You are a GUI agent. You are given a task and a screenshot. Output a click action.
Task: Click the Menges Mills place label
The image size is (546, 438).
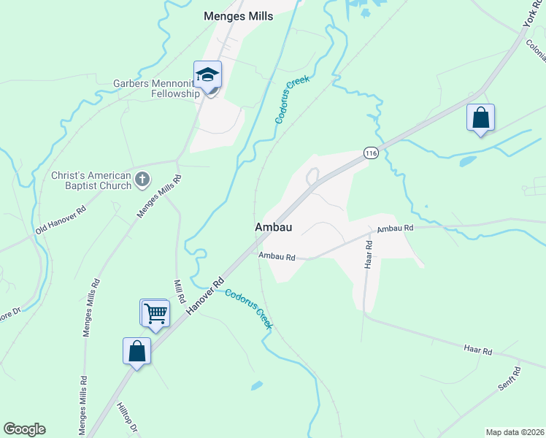[239, 16]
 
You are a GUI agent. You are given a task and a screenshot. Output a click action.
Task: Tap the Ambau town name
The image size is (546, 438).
[274, 228]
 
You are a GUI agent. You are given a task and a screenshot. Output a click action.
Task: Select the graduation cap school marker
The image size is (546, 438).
[207, 75]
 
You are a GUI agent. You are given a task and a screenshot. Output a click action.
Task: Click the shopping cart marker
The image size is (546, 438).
[155, 314]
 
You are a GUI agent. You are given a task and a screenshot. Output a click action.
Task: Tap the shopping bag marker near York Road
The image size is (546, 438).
[480, 118]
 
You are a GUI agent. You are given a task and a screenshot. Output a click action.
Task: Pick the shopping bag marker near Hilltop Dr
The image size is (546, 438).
[137, 352]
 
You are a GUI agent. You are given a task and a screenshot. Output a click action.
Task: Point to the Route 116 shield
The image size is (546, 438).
[371, 153]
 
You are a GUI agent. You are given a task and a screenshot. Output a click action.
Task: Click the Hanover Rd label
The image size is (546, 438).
[204, 296]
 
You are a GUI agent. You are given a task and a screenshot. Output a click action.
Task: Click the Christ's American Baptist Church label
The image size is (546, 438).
[91, 180]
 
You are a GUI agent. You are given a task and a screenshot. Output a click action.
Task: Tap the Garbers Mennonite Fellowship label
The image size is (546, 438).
[155, 88]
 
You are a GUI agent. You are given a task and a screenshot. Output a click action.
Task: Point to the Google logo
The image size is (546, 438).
[24, 429]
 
